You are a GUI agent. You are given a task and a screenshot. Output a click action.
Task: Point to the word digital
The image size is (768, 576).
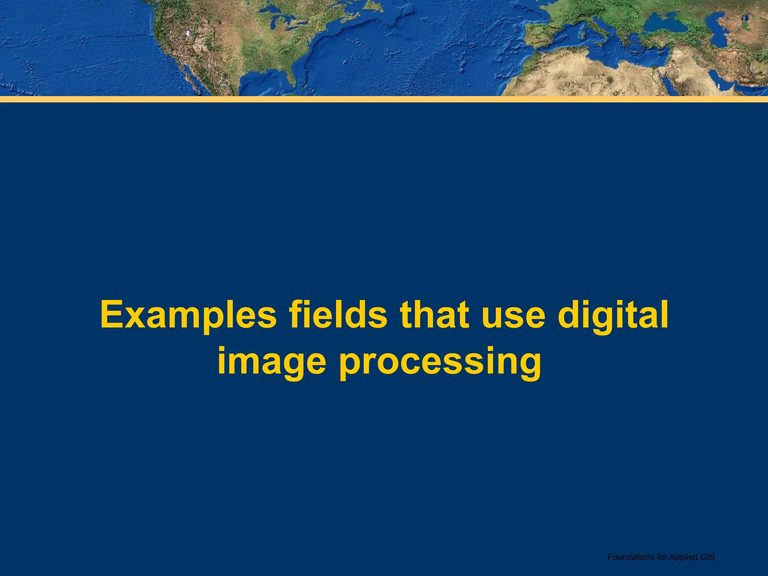click(x=613, y=315)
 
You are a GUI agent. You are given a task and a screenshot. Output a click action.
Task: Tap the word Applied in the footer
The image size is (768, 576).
click(x=681, y=557)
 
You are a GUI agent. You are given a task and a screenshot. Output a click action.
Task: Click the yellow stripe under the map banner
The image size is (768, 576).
click(x=384, y=99)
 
